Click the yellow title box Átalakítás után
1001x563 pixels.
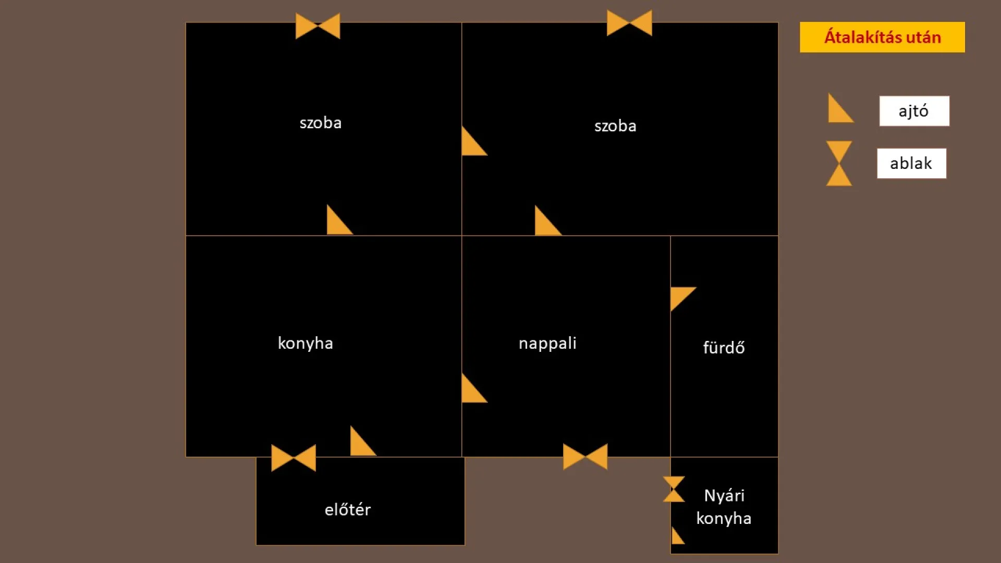pyautogui.click(x=882, y=37)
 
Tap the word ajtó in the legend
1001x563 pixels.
pyautogui.click(x=913, y=111)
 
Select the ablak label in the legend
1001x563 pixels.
pyautogui.click(x=911, y=163)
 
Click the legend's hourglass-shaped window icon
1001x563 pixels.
pyautogui.click(x=839, y=163)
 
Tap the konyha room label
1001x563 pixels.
pyautogui.click(x=306, y=344)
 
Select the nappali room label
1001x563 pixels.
pyautogui.click(x=547, y=344)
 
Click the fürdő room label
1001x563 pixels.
pyautogui.click(x=724, y=347)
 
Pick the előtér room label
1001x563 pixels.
pyautogui.click(x=348, y=509)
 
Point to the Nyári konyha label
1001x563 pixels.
pyautogui.click(x=724, y=507)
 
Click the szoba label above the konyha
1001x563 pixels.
pyautogui.click(x=321, y=123)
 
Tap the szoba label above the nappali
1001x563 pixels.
pyautogui.click(x=615, y=126)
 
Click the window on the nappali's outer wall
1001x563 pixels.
pyautogui.click(x=585, y=456)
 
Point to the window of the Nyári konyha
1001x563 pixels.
pyautogui.click(x=674, y=489)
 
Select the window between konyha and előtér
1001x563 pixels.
pyautogui.click(x=294, y=458)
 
